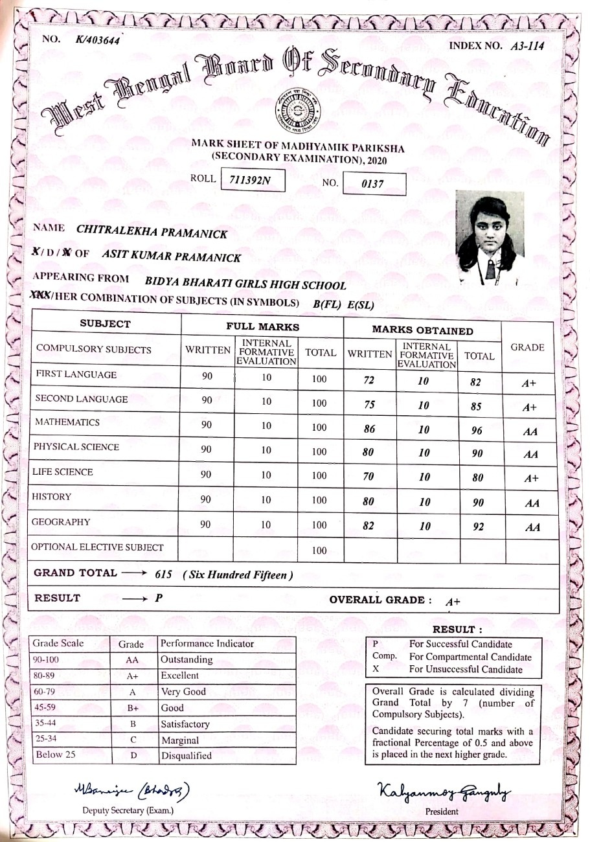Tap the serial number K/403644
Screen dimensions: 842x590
tap(97, 41)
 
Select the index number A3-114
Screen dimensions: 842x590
tap(526, 45)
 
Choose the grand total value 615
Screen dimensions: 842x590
tap(165, 575)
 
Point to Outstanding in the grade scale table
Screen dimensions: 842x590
tap(187, 660)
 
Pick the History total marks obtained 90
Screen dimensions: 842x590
tap(479, 503)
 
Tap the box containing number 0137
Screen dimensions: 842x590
tap(374, 185)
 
